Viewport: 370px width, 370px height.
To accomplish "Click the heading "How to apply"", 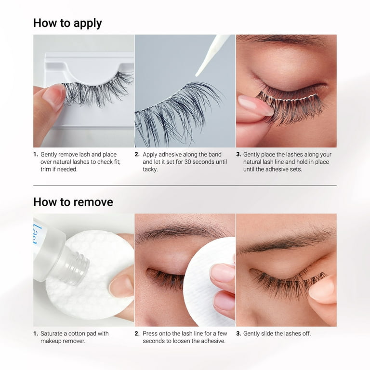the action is pos(67,23).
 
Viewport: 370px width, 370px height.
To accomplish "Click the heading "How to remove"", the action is pos(73,202).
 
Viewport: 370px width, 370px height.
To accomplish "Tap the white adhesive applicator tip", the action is pos(198,75).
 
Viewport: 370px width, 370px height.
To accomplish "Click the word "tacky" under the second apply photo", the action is pos(150,170).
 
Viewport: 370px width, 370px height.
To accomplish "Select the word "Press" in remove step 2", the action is pos(150,333).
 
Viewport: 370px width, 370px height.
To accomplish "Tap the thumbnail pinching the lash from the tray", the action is pos(53,95).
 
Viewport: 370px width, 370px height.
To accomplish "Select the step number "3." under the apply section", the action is pos(238,154).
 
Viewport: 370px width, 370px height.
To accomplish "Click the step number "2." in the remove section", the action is pos(137,333).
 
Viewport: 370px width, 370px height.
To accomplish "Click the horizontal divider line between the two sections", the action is pos(185,185).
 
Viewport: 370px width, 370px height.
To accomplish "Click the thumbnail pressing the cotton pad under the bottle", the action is pos(121,286).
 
